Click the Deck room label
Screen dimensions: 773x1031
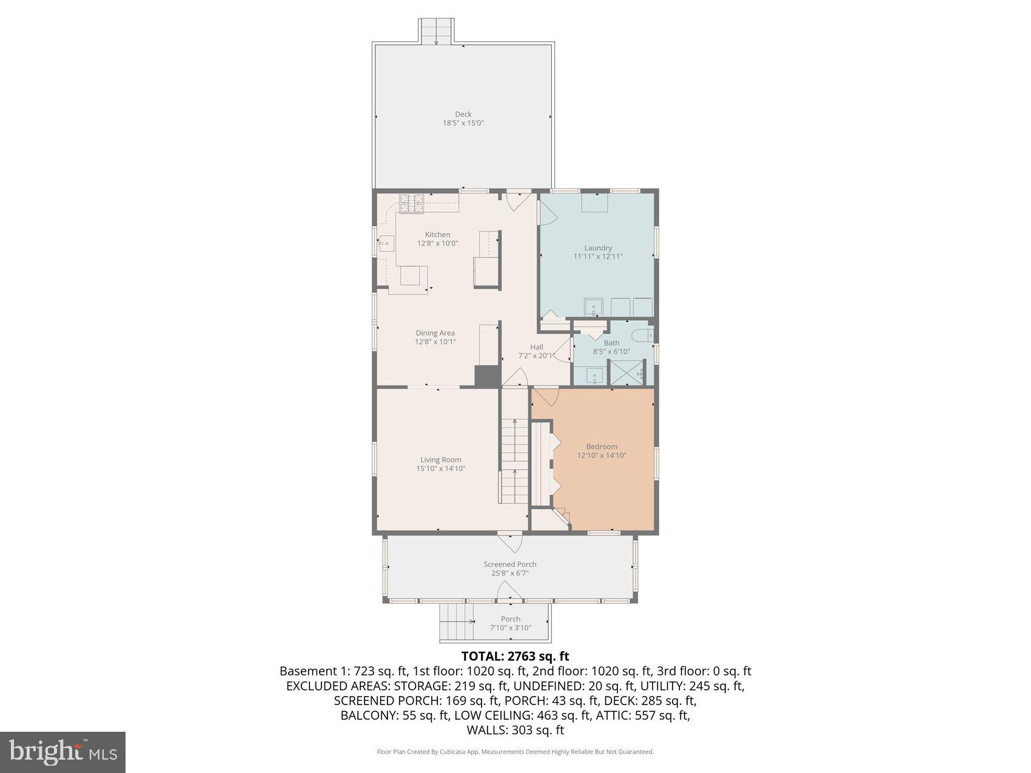tap(463, 114)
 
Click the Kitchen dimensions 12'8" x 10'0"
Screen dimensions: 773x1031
tap(437, 243)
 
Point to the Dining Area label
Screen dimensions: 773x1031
tap(435, 333)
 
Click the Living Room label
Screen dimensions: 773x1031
tap(441, 460)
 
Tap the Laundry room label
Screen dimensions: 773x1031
tap(598, 247)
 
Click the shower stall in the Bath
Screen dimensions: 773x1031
tap(626, 372)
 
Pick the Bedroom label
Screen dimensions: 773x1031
tap(602, 446)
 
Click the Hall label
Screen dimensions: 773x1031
tap(537, 347)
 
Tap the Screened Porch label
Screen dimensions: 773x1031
tap(510, 564)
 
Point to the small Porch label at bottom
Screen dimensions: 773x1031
tap(511, 619)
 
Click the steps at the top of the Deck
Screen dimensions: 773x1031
tap(437, 30)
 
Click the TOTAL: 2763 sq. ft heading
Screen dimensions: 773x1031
tap(515, 656)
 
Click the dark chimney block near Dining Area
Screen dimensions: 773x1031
tap(487, 376)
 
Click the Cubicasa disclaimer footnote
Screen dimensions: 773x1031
tap(515, 752)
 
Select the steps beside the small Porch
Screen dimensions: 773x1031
tap(456, 622)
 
